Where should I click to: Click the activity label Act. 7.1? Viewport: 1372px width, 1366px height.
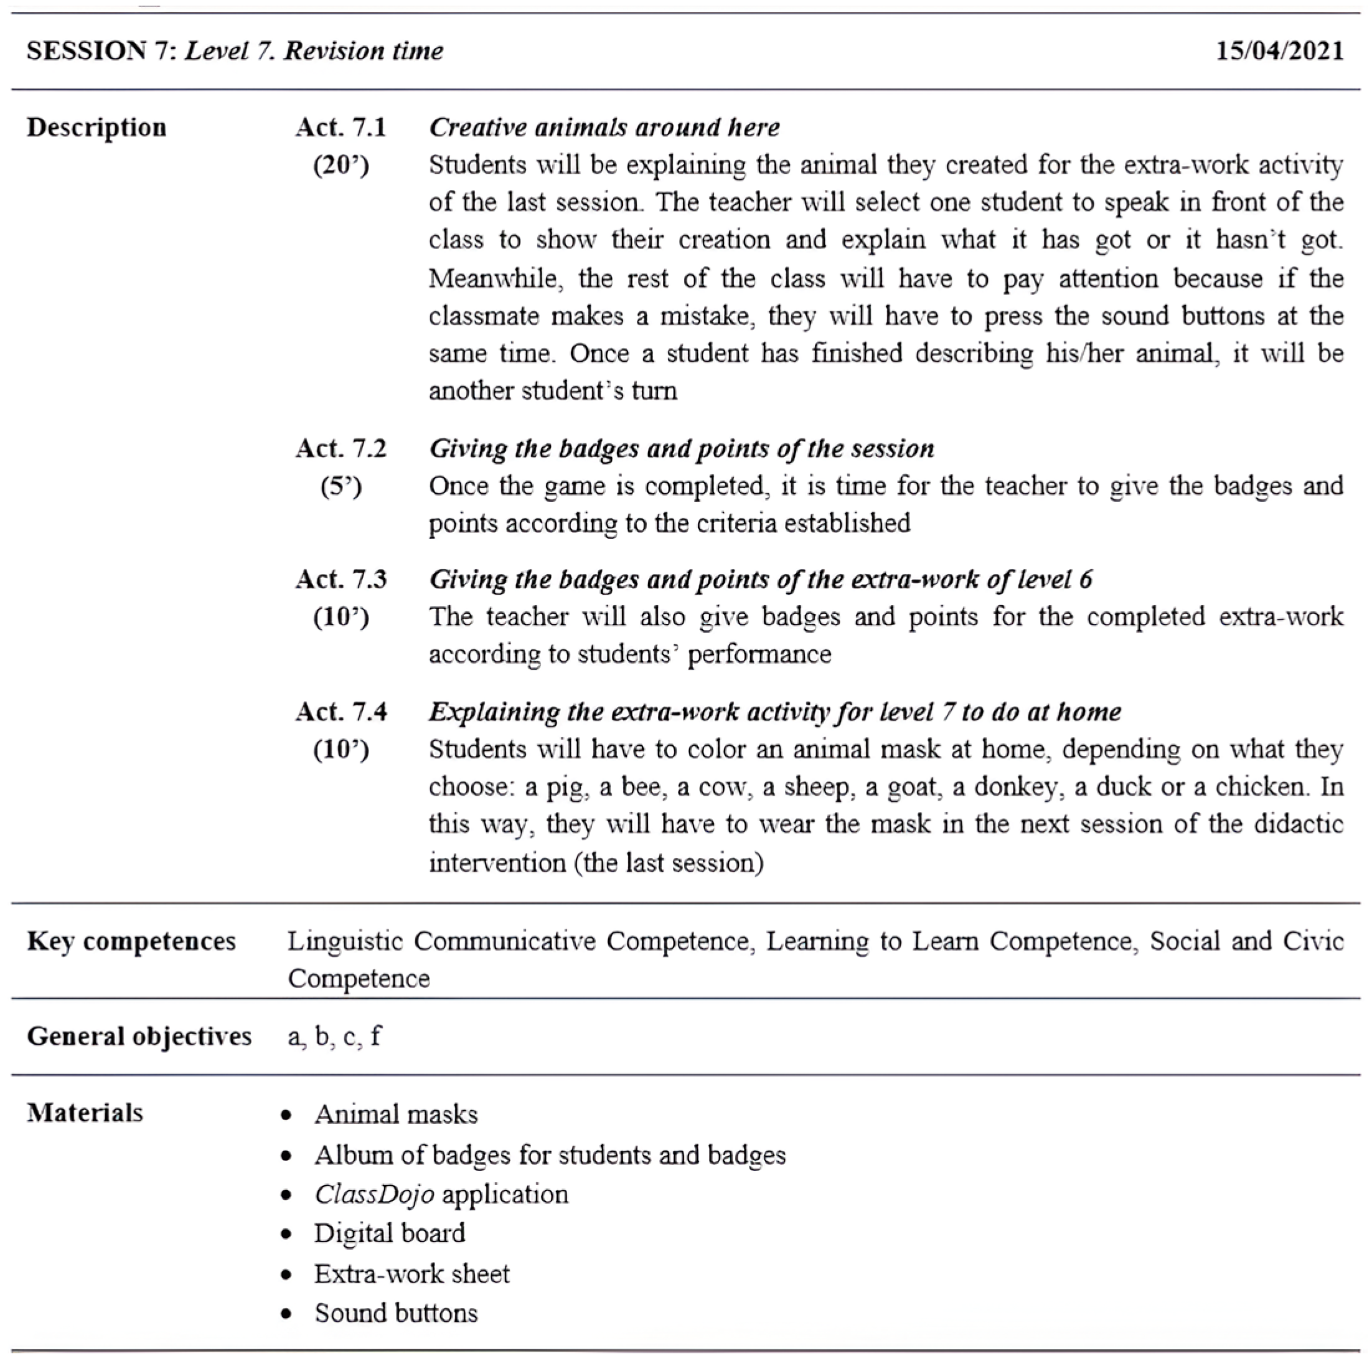(x=341, y=128)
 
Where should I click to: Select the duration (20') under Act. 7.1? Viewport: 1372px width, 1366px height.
(x=341, y=166)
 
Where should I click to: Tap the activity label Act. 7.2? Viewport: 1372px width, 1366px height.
(x=341, y=449)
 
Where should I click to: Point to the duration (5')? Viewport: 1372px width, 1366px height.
(x=341, y=487)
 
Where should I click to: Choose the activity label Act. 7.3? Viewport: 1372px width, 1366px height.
(x=341, y=580)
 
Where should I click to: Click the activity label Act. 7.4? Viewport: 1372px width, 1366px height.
(x=341, y=712)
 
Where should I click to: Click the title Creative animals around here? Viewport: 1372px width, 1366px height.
(x=604, y=128)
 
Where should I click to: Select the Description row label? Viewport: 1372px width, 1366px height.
(x=96, y=128)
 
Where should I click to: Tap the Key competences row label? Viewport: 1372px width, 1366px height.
(x=131, y=941)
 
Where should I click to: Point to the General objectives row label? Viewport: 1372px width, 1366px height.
(x=139, y=1037)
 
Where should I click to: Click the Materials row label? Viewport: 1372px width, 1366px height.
(x=85, y=1113)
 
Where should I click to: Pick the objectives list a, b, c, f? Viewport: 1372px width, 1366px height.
(x=334, y=1037)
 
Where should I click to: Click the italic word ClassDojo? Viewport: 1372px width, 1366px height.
(x=374, y=1194)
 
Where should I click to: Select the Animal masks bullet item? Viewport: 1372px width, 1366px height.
(x=397, y=1114)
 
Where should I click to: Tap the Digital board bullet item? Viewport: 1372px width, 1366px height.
(x=390, y=1233)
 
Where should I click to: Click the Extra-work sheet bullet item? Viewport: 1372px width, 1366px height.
(x=412, y=1274)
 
